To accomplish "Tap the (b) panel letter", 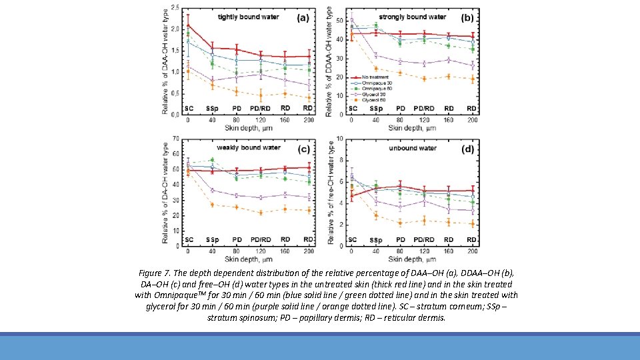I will (467, 17).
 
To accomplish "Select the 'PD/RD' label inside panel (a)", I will (259, 107).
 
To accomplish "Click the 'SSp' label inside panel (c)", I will (212, 239).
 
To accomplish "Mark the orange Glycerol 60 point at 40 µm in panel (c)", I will (212, 205).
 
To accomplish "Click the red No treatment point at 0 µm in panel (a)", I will (188, 25).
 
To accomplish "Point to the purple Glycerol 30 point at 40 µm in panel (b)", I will (376, 55).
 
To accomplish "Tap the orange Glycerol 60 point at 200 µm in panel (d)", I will (472, 224).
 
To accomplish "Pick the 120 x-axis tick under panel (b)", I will (424, 120).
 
